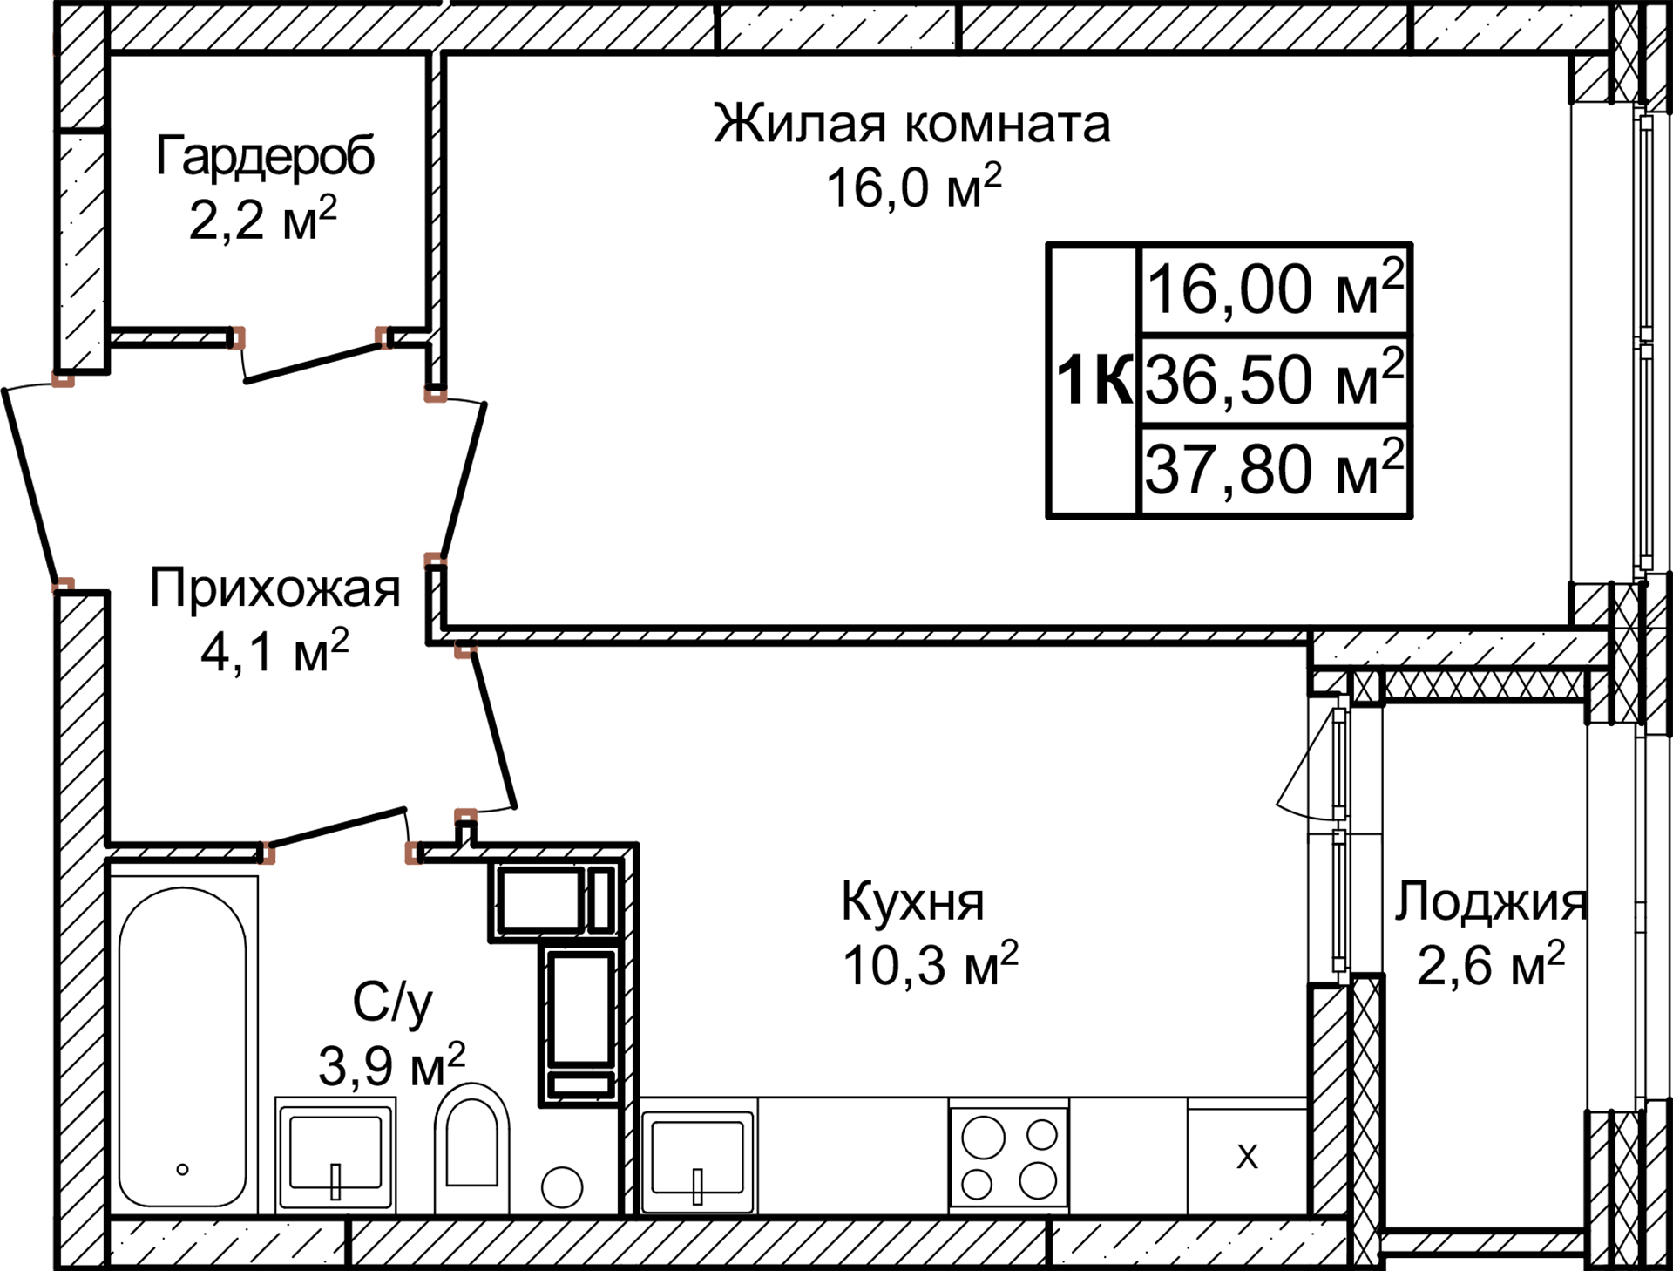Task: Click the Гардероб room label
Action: pyautogui.click(x=265, y=157)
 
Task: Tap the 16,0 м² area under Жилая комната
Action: pyautogui.click(x=913, y=187)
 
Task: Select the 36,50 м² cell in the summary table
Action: pyautogui.click(x=1274, y=380)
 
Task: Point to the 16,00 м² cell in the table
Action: pyautogui.click(x=1274, y=289)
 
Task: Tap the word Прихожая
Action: pyautogui.click(x=274, y=588)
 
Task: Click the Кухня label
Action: pyautogui.click(x=912, y=901)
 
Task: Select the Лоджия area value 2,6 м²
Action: pyautogui.click(x=1490, y=965)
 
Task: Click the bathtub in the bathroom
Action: pyautogui.click(x=183, y=1046)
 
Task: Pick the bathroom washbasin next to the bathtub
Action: pyautogui.click(x=335, y=1155)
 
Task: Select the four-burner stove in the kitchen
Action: pyautogui.click(x=1009, y=1158)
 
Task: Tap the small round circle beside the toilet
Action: pyautogui.click(x=562, y=1187)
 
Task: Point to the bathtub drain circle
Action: pyautogui.click(x=183, y=1169)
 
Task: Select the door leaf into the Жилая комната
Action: pyautogui.click(x=464, y=475)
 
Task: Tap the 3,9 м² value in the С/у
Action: pyautogui.click(x=391, y=1065)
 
